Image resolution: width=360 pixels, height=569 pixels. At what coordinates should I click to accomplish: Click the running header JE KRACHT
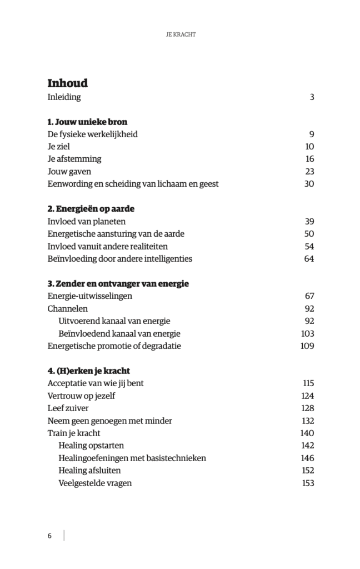[x=180, y=34]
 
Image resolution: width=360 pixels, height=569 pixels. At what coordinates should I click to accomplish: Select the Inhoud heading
[x=67, y=83]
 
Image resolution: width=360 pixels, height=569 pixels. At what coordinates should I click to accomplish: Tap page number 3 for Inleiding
[x=312, y=97]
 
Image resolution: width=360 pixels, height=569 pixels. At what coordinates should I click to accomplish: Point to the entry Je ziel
[x=59, y=147]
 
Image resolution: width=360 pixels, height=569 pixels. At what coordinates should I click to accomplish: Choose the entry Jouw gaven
[x=69, y=172]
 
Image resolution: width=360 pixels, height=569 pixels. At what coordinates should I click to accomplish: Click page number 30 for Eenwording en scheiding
[x=309, y=184]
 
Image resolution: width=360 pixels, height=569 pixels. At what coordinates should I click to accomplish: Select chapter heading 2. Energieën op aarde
[x=91, y=209]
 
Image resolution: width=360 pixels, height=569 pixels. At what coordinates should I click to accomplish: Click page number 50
[x=309, y=234]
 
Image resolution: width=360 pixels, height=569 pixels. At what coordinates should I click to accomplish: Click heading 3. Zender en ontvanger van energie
[x=118, y=284]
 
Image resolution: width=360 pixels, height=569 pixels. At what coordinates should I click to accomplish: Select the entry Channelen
[x=68, y=309]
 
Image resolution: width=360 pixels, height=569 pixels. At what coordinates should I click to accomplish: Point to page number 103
[x=307, y=334]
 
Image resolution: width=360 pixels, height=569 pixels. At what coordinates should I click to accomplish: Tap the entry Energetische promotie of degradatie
[x=114, y=346]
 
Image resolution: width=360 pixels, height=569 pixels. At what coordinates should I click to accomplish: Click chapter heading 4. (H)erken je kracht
[x=89, y=371]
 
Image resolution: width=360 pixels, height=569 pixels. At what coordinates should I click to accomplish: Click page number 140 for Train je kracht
[x=307, y=433]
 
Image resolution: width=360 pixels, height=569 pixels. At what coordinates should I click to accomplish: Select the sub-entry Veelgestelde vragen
[x=95, y=483]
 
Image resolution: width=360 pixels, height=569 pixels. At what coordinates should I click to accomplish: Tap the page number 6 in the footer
[x=49, y=536]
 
